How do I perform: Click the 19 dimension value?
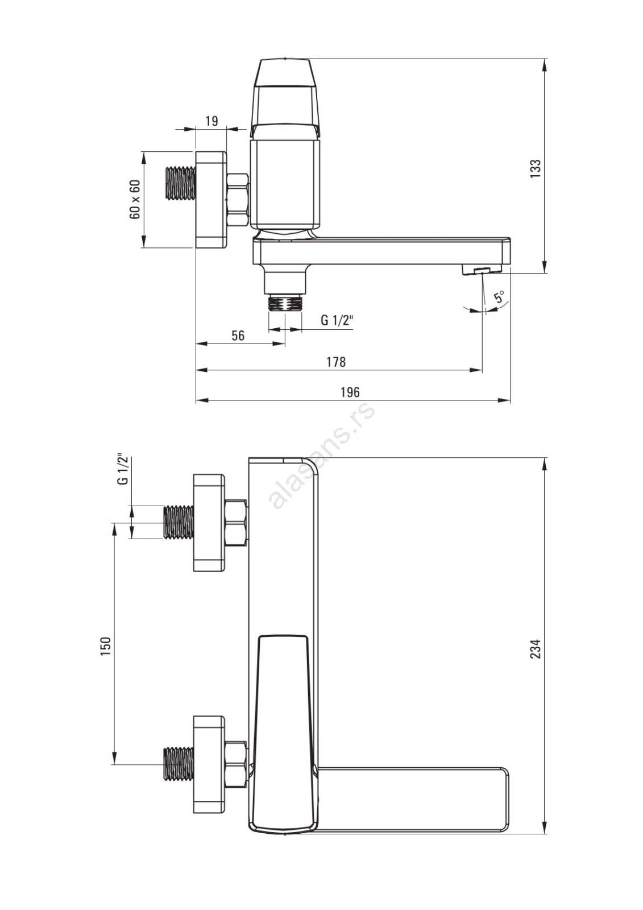(x=211, y=121)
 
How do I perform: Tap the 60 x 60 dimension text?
(x=135, y=199)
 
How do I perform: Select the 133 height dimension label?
(x=536, y=168)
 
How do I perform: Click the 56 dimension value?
(x=238, y=336)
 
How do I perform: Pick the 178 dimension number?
(x=337, y=362)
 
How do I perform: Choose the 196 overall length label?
(x=350, y=392)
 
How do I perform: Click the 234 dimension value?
(x=536, y=649)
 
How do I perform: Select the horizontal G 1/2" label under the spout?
(x=337, y=321)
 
